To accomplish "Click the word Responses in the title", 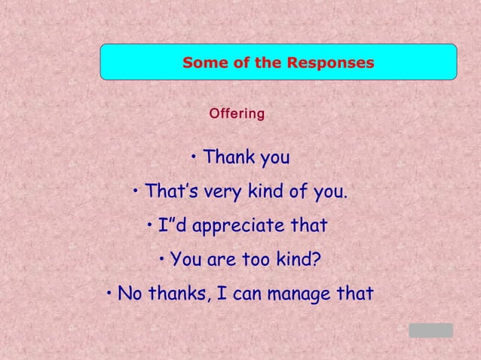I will point(330,63).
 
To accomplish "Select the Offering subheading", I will point(237,114).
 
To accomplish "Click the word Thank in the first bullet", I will point(229,158).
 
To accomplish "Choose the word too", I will point(254,261).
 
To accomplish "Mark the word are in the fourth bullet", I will point(221,261).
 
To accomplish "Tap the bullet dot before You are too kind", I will point(162,260).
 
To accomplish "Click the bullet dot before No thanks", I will point(109,292).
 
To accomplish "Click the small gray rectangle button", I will point(430,330).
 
